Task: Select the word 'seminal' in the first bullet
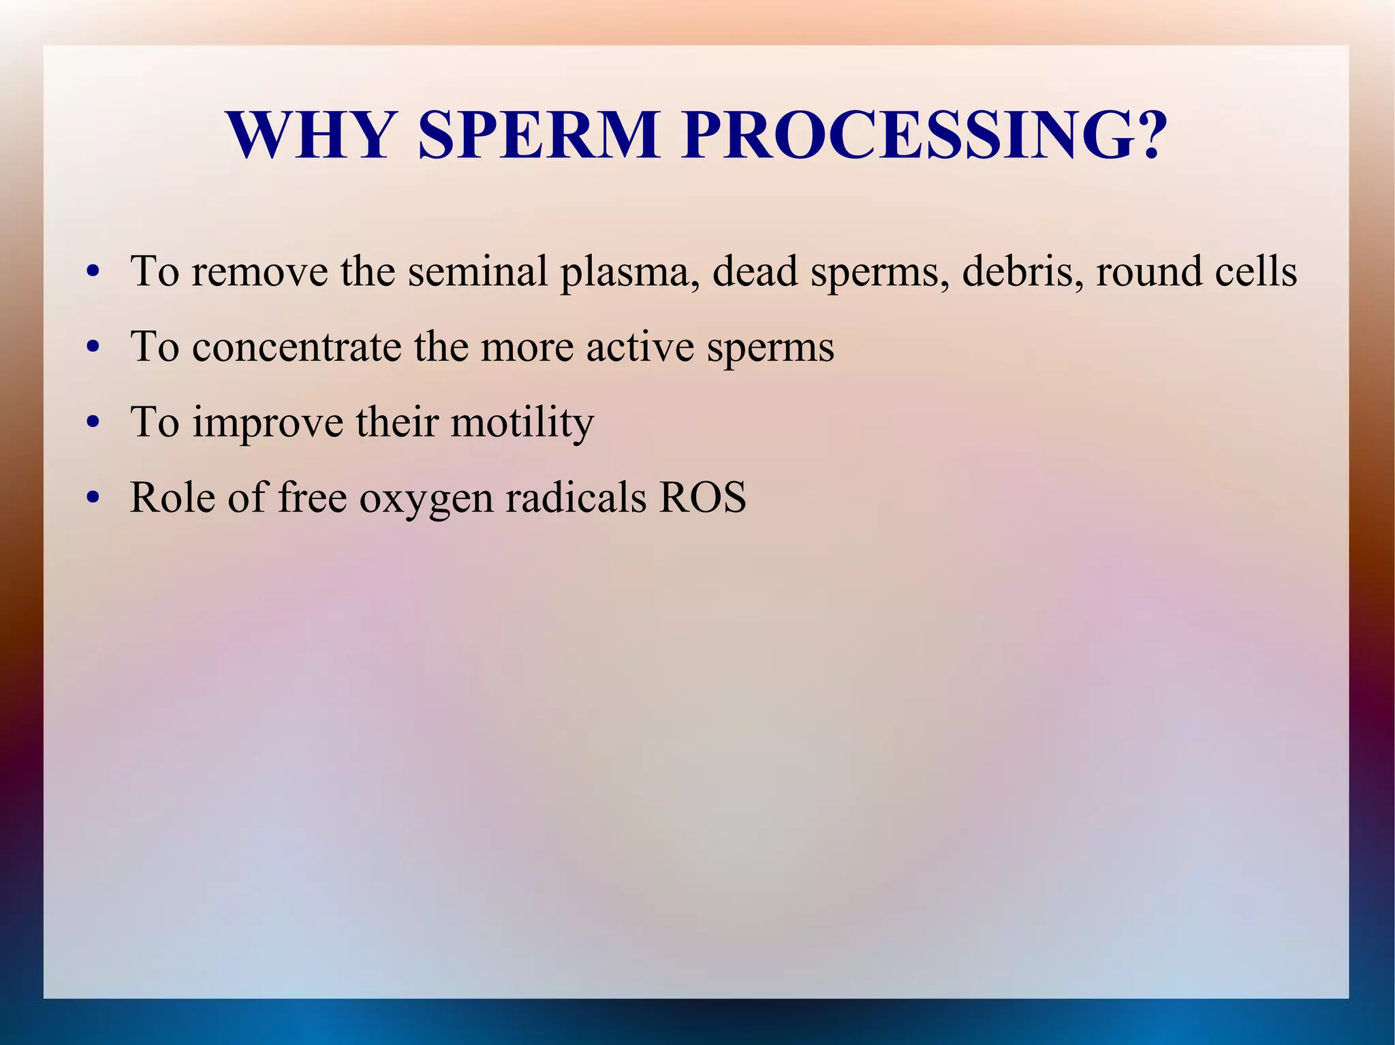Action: pyautogui.click(x=477, y=271)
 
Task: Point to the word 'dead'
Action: pyautogui.click(x=755, y=271)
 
